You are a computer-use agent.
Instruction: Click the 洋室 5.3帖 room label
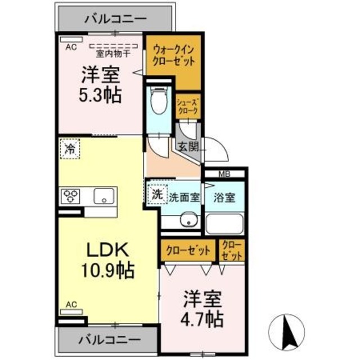pos(101,84)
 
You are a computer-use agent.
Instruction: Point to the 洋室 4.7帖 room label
pos(201,308)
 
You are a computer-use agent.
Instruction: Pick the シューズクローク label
pos(187,106)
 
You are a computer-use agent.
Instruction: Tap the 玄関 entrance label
pos(187,147)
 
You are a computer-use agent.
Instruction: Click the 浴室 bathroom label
pos(224,197)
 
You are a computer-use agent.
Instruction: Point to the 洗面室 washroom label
pos(185,197)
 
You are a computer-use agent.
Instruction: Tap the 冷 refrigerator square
pos(70,150)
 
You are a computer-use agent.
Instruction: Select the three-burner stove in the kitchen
pos(71,196)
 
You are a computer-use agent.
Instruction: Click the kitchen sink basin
pos(104,196)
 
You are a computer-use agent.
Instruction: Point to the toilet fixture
pos(160,101)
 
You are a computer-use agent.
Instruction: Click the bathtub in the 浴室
pos(223,223)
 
